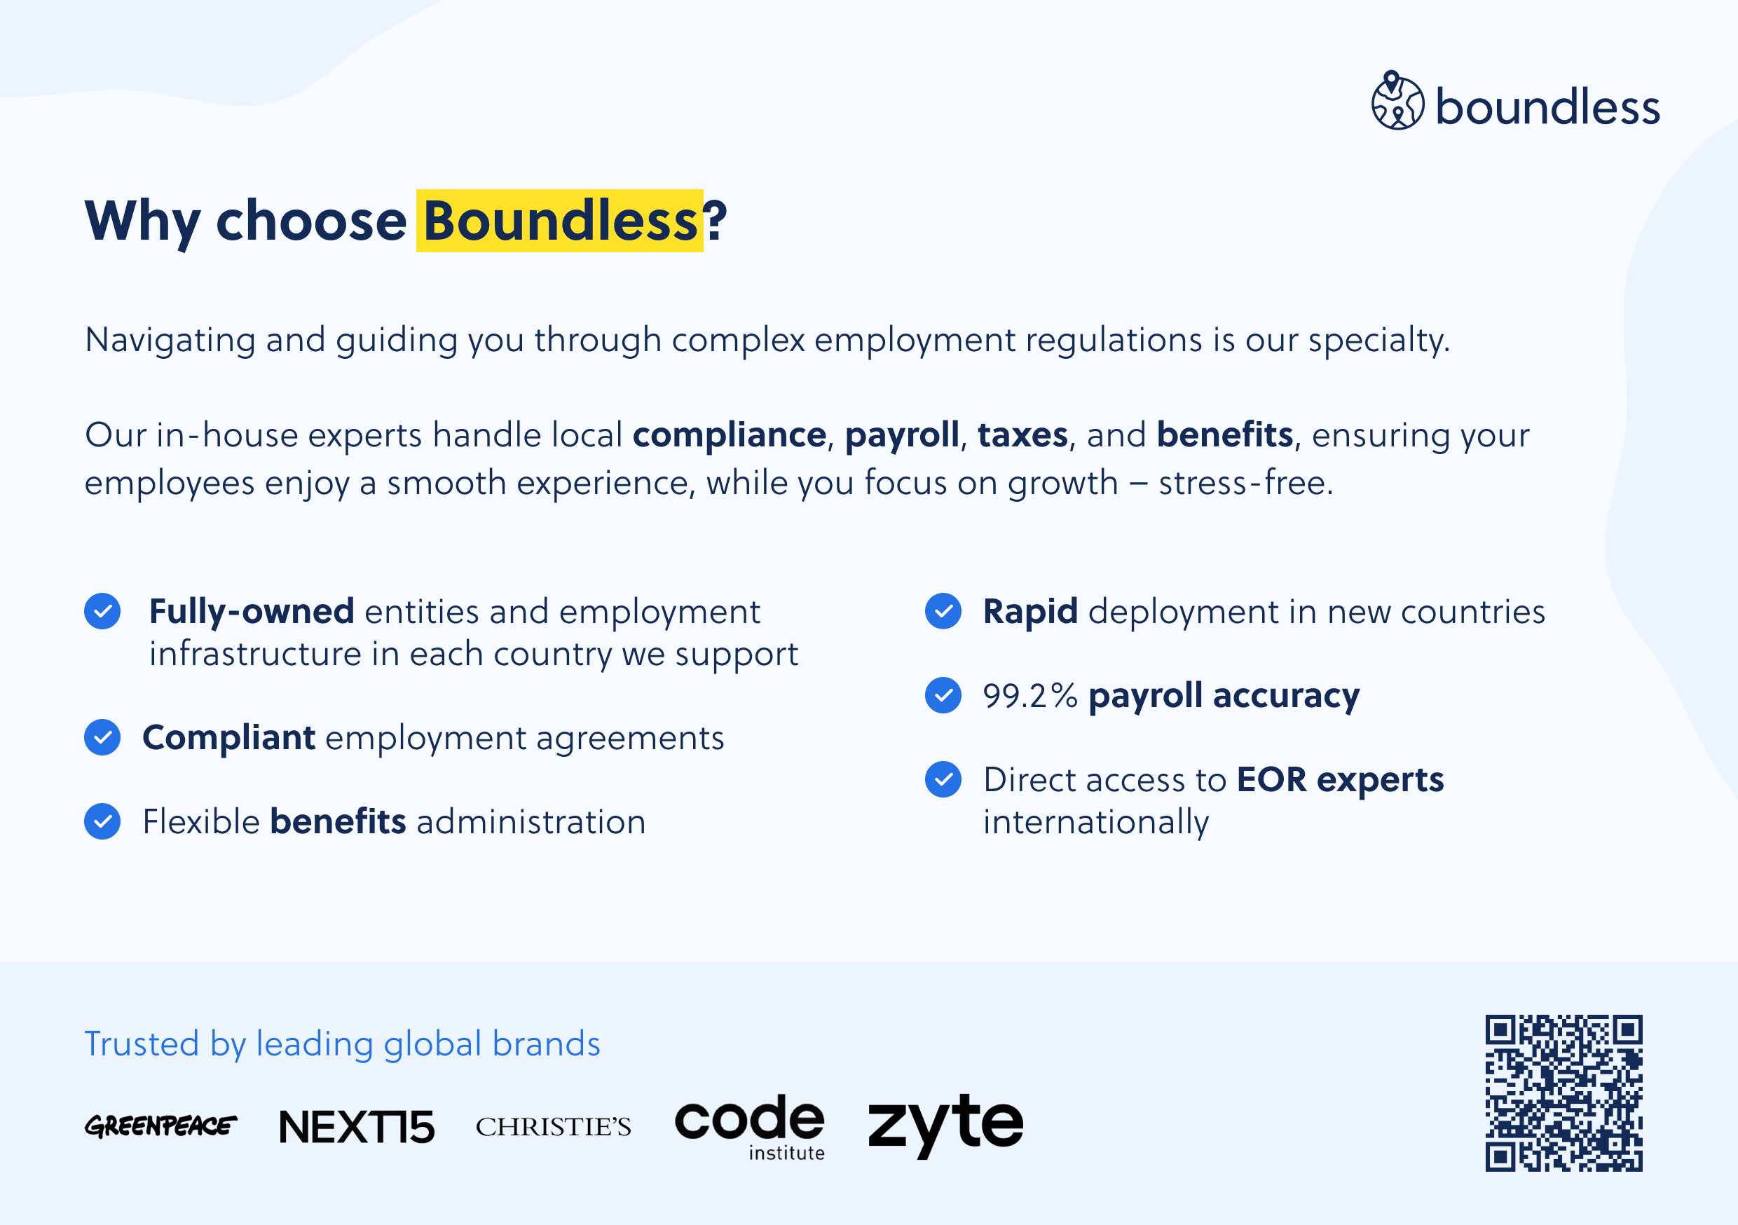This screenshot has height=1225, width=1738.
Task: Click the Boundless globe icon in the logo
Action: (x=1397, y=101)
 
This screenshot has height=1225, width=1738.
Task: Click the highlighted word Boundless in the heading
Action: (x=560, y=220)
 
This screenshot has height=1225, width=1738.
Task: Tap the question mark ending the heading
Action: (x=716, y=220)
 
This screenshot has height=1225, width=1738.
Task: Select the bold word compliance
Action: (x=729, y=435)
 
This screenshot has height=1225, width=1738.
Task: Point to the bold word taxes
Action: (x=1022, y=435)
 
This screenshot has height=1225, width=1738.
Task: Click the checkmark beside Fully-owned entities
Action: (x=102, y=611)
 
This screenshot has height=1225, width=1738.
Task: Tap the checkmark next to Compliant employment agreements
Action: (x=102, y=737)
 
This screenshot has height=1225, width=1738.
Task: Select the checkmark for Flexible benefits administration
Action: (x=102, y=821)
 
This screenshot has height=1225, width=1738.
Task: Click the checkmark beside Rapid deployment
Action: (x=943, y=611)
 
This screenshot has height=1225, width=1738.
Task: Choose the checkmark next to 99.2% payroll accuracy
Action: (x=943, y=695)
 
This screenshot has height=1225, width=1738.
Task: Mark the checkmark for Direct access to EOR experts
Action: (x=943, y=779)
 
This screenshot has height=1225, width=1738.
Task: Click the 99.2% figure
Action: (x=1030, y=696)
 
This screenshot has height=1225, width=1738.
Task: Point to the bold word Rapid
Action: (x=1030, y=612)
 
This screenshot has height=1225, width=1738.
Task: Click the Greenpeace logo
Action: (x=160, y=1125)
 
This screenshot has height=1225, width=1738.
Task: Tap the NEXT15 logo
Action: (x=357, y=1127)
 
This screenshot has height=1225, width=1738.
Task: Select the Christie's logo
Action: (x=554, y=1127)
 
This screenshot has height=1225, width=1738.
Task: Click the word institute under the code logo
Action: (x=786, y=1152)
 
